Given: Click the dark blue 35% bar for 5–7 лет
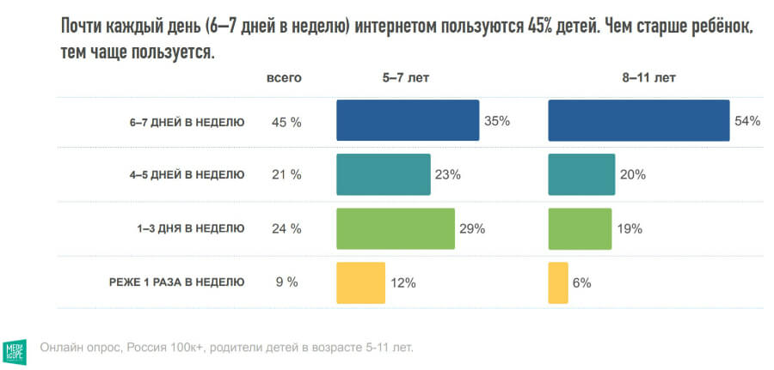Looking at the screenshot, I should click(x=408, y=120).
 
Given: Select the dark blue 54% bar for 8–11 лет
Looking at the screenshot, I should click(x=638, y=120).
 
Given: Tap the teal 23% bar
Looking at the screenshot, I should click(x=383, y=174).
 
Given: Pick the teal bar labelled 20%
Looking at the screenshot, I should click(x=581, y=174).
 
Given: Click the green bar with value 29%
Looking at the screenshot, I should click(x=395, y=228).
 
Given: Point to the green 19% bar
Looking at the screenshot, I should click(x=580, y=228).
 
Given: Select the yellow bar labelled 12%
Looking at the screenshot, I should click(x=360, y=282).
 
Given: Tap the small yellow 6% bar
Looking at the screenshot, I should click(x=558, y=282).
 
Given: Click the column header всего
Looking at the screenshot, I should click(x=284, y=77).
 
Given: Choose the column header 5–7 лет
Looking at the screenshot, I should click(x=406, y=77).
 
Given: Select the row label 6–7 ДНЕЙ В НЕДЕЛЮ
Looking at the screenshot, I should click(x=187, y=122).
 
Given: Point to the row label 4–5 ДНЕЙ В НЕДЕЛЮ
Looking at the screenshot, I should click(x=187, y=175).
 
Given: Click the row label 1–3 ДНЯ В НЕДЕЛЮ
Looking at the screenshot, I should click(x=190, y=228).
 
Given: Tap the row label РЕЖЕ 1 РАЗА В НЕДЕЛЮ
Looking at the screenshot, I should click(x=176, y=282).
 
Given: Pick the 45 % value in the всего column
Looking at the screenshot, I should click(x=286, y=122).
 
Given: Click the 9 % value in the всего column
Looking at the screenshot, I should click(x=286, y=282).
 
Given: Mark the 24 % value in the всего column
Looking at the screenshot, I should click(x=286, y=228).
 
